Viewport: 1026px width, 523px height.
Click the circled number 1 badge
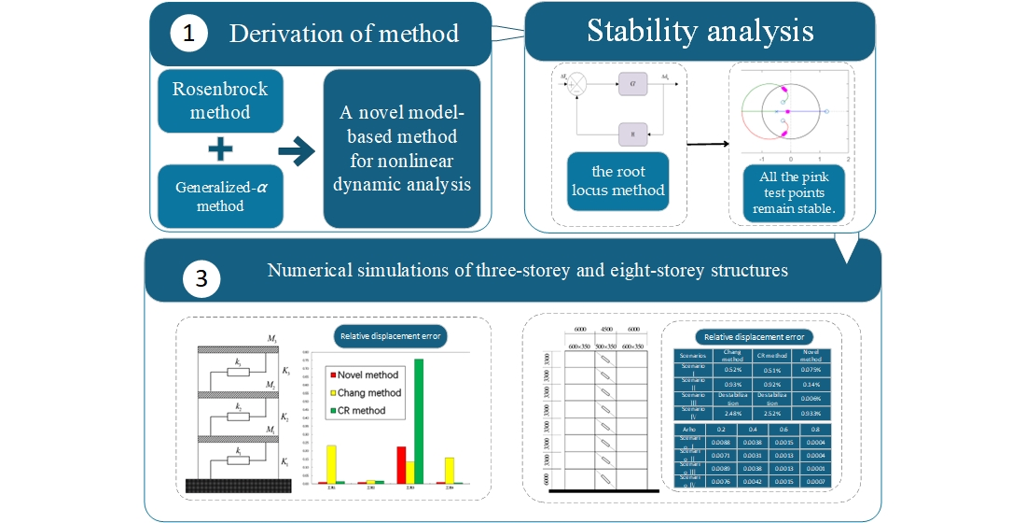point(189,35)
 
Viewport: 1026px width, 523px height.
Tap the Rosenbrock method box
point(219,101)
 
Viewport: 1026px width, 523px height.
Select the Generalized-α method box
point(219,194)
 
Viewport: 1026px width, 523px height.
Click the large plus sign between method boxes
point(220,148)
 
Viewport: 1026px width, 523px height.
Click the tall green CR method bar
point(419,420)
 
